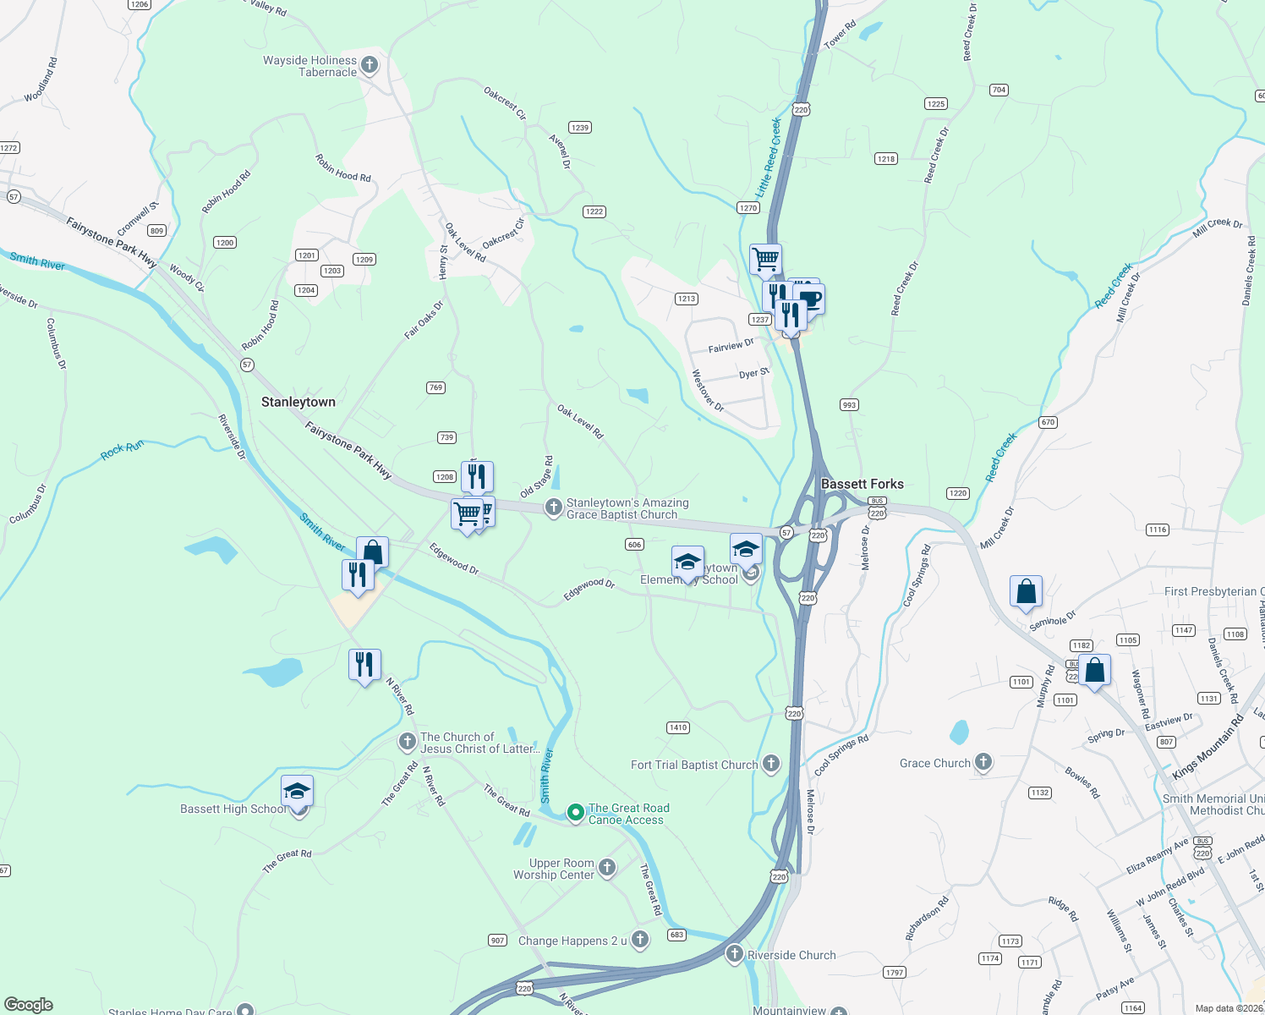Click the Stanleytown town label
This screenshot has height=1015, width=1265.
click(298, 402)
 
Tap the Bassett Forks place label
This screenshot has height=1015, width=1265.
click(862, 484)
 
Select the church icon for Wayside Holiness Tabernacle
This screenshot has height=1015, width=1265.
click(369, 64)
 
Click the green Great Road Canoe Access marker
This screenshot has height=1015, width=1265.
click(575, 813)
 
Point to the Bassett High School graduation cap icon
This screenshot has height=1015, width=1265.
click(297, 792)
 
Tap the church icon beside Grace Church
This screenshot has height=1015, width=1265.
click(983, 762)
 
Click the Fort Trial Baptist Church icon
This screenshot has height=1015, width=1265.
click(770, 764)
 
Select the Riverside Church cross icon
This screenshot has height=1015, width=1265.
click(735, 954)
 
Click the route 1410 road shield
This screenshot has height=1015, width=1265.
click(677, 727)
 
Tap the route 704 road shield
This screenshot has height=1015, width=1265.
click(999, 90)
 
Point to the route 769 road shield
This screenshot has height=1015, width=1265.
click(435, 387)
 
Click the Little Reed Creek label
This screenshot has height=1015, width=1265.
click(769, 158)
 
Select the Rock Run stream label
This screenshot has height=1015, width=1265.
click(123, 449)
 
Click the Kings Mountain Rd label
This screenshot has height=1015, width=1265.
click(1207, 748)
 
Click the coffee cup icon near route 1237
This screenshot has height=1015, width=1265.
click(809, 299)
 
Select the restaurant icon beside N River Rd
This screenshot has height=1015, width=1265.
click(364, 664)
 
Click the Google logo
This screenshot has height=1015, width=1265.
click(28, 1005)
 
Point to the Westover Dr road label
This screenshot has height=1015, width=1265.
click(708, 391)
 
